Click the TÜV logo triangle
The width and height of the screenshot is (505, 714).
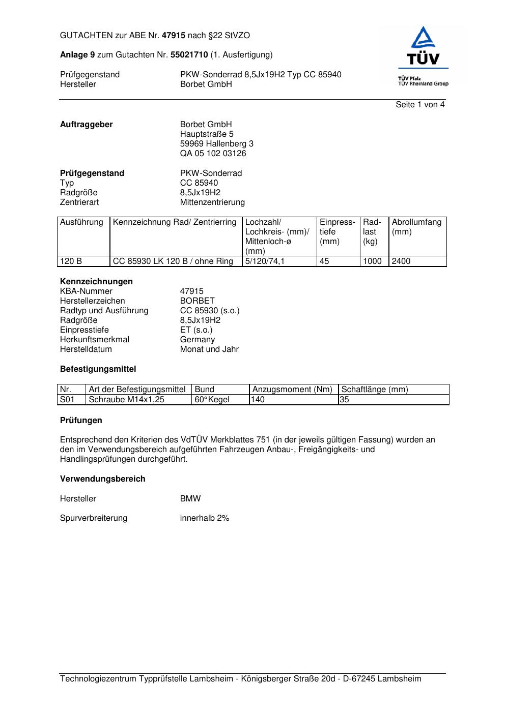423,39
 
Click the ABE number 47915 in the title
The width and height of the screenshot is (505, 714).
174,36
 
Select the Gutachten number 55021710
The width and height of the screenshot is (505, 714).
189,55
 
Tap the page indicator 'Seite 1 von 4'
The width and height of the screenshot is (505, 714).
420,105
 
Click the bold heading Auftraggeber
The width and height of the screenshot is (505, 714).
87,125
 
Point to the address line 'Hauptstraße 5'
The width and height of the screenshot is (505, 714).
207,134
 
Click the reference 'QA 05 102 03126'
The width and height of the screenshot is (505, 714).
213,154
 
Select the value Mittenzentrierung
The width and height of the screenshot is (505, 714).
212,202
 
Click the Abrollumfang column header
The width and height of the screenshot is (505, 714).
416,222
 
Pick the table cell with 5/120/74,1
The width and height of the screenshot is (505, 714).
265,261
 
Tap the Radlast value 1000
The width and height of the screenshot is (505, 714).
372,261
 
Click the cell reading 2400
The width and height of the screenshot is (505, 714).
401,261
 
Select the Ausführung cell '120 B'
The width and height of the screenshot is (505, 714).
71,261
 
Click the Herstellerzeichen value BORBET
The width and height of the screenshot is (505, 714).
198,301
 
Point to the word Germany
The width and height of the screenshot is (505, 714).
198,340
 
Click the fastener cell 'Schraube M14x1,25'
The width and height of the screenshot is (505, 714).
127,400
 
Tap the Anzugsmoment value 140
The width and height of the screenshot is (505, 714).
258,400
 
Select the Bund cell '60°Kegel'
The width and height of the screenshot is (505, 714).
212,400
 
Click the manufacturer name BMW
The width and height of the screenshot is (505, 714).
190,499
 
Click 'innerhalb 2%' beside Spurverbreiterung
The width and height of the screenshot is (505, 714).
205,518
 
